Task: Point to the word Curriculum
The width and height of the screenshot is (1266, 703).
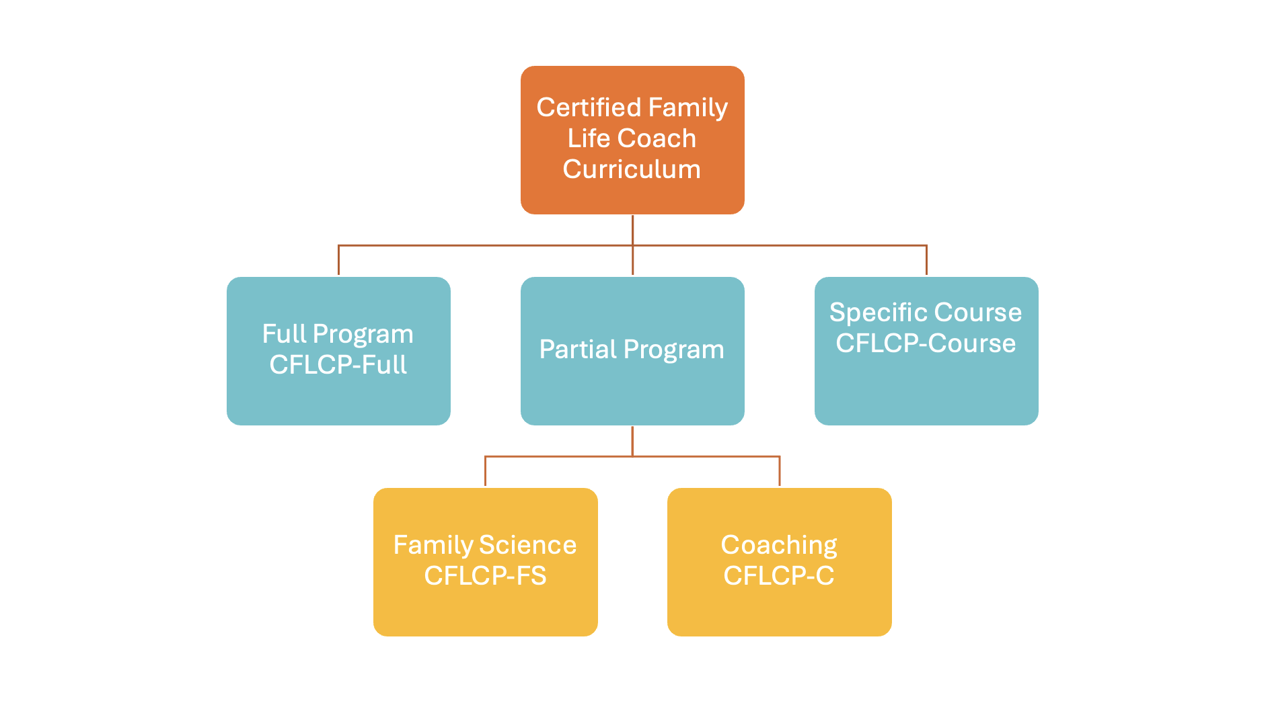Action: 632,169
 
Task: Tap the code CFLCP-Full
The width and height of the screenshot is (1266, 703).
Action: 338,365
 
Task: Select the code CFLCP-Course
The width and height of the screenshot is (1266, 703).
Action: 926,343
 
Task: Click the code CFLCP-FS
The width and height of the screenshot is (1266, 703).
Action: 485,576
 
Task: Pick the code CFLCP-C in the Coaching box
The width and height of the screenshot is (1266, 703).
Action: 779,576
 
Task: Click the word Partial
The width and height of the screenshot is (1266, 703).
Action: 578,349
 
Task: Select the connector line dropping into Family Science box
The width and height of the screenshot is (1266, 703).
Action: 485,472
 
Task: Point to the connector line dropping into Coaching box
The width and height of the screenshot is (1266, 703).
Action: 780,472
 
